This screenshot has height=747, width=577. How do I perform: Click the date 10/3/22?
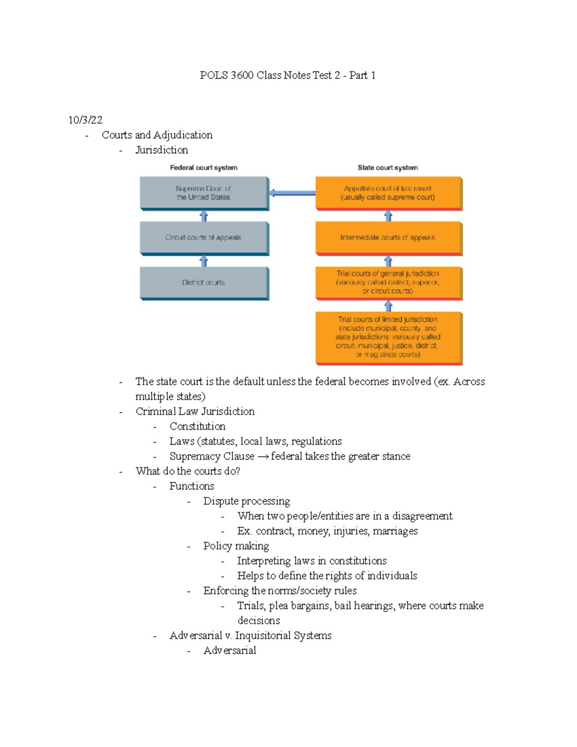coord(85,120)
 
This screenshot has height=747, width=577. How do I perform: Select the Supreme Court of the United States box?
coord(204,193)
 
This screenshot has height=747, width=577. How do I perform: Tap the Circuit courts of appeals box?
coord(204,238)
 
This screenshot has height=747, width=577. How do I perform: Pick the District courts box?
coord(204,283)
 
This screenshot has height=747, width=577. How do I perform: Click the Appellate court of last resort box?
coord(388,193)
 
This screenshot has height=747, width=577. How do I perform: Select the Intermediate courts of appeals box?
coord(388,238)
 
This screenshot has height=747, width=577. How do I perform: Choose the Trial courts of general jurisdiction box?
coord(388,282)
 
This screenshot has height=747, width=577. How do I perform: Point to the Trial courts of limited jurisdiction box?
coord(388,337)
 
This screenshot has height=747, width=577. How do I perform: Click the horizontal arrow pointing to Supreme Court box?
coord(292,193)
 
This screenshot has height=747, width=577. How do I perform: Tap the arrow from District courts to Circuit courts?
coord(204,261)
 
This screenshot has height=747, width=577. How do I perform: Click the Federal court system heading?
coord(203,168)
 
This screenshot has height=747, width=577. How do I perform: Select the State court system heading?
coord(388,168)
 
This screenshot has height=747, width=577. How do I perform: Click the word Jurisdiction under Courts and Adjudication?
coord(162,150)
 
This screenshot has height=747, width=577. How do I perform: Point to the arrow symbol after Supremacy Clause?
coord(263,456)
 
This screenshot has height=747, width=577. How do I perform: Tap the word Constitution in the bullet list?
coord(197,427)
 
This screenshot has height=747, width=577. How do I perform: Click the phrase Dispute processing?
coord(246,501)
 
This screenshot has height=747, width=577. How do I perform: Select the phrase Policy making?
coord(236,546)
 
